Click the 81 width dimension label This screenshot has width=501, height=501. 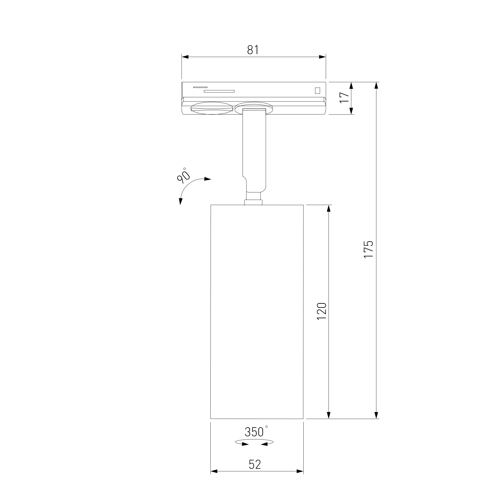click(253, 50)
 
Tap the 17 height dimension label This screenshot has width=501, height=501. click(344, 97)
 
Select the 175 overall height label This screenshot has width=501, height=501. click(368, 249)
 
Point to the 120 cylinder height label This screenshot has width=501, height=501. click(322, 311)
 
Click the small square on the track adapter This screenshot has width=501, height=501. click(317, 90)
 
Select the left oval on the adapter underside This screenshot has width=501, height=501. click(212, 108)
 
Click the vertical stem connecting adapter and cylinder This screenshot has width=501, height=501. click(254, 150)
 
